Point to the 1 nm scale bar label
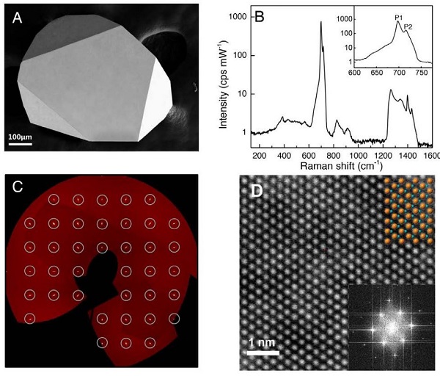point(261,344)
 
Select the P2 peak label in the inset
point(409,27)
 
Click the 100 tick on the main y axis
point(238,55)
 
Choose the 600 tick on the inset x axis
point(356,73)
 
